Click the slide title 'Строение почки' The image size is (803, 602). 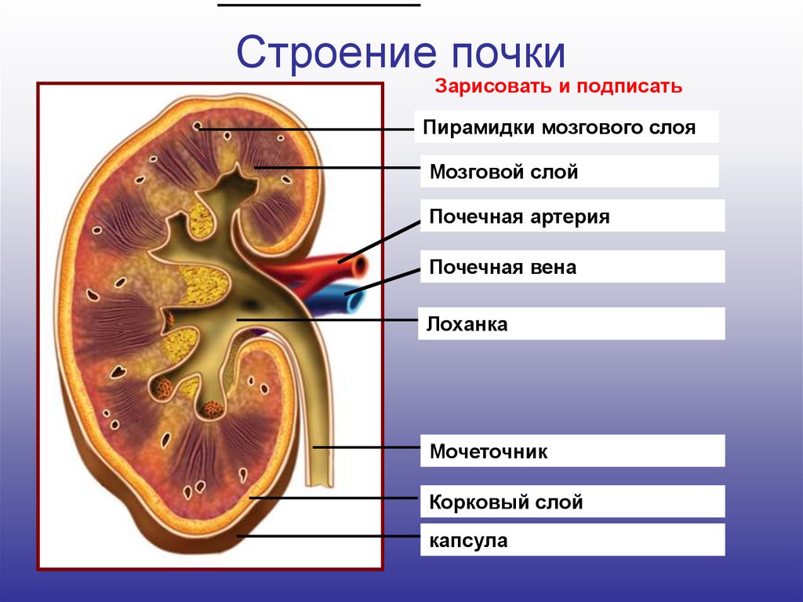tap(401, 53)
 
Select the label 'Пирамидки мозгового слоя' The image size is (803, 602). tap(560, 128)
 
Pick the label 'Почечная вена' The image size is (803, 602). tap(503, 267)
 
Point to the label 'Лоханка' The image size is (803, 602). tap(469, 323)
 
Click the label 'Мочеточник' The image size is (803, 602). tap(489, 452)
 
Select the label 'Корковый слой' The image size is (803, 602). tap(506, 502)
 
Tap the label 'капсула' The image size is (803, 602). tap(469, 540)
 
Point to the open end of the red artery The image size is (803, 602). tap(360, 267)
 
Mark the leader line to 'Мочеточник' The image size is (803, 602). tap(369, 447)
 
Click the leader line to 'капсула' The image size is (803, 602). tap(329, 537)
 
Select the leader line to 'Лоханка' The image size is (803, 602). tap(329, 319)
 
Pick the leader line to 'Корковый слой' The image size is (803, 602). tap(337, 498)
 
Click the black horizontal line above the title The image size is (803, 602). tap(318, 5)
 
